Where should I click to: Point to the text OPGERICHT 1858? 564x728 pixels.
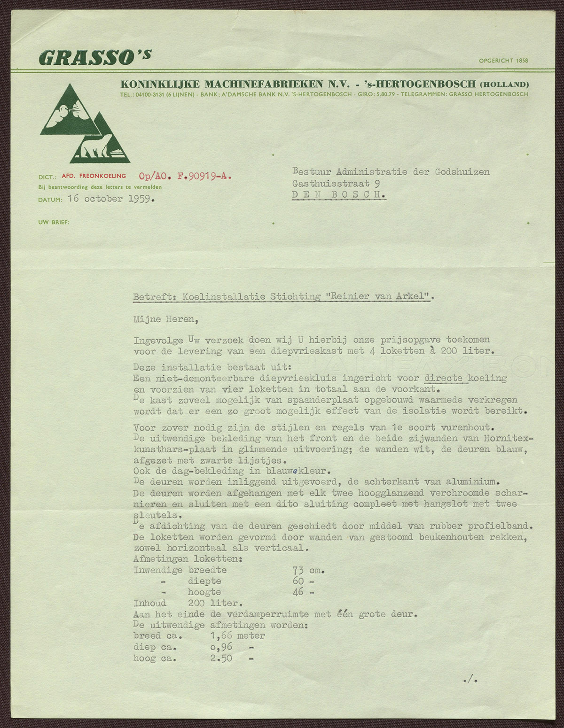(503, 61)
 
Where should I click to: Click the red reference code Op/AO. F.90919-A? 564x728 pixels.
(185, 176)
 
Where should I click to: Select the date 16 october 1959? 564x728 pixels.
(111, 199)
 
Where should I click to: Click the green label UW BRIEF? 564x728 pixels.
(54, 222)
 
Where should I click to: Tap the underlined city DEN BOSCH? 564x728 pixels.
(339, 195)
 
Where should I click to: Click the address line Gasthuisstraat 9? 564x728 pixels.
(336, 183)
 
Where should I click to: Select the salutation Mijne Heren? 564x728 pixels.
(166, 320)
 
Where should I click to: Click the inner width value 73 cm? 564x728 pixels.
(309, 571)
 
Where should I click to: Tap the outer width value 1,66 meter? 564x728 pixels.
(237, 636)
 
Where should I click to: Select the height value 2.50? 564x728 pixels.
(221, 658)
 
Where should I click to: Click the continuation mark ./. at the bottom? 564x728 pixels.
(470, 679)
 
